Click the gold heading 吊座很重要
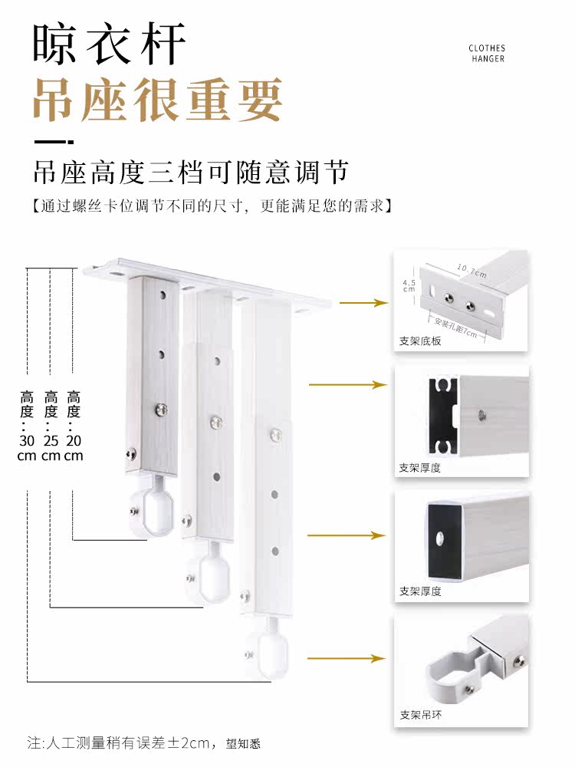point(157,100)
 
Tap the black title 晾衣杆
point(110,43)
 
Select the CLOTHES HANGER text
point(487,54)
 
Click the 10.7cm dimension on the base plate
point(472,271)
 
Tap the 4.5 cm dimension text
point(409,285)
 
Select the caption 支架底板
point(420,341)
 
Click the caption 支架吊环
point(420,715)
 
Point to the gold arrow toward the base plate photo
point(363,303)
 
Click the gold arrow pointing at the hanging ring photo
point(347,658)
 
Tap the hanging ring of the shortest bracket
point(149,509)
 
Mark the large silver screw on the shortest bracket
point(161,410)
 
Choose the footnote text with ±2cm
point(144,743)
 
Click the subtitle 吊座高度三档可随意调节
point(191,172)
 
